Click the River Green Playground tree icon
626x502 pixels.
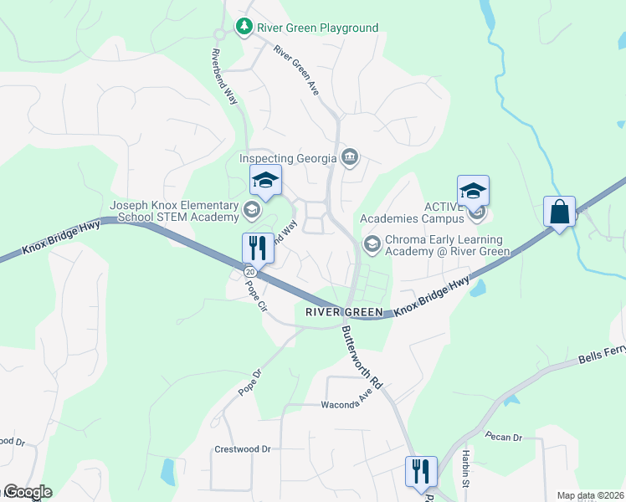pyautogui.click(x=244, y=28)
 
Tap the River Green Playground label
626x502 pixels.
pyautogui.click(x=317, y=28)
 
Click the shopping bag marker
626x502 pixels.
pyautogui.click(x=558, y=212)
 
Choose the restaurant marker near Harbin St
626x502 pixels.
pyautogui.click(x=420, y=471)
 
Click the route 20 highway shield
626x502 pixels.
pyautogui.click(x=249, y=273)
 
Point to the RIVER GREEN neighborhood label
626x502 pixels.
pyautogui.click(x=337, y=312)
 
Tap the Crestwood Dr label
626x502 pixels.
pyautogui.click(x=243, y=449)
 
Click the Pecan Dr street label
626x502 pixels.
pyautogui.click(x=504, y=437)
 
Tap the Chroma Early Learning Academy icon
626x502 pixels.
pyautogui.click(x=371, y=243)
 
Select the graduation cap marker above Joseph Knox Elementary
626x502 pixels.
pyautogui.click(x=265, y=181)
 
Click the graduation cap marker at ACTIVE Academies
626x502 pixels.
pyautogui.click(x=473, y=192)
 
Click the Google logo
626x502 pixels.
pyautogui.click(x=27, y=492)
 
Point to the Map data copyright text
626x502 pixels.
pyautogui.click(x=590, y=495)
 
